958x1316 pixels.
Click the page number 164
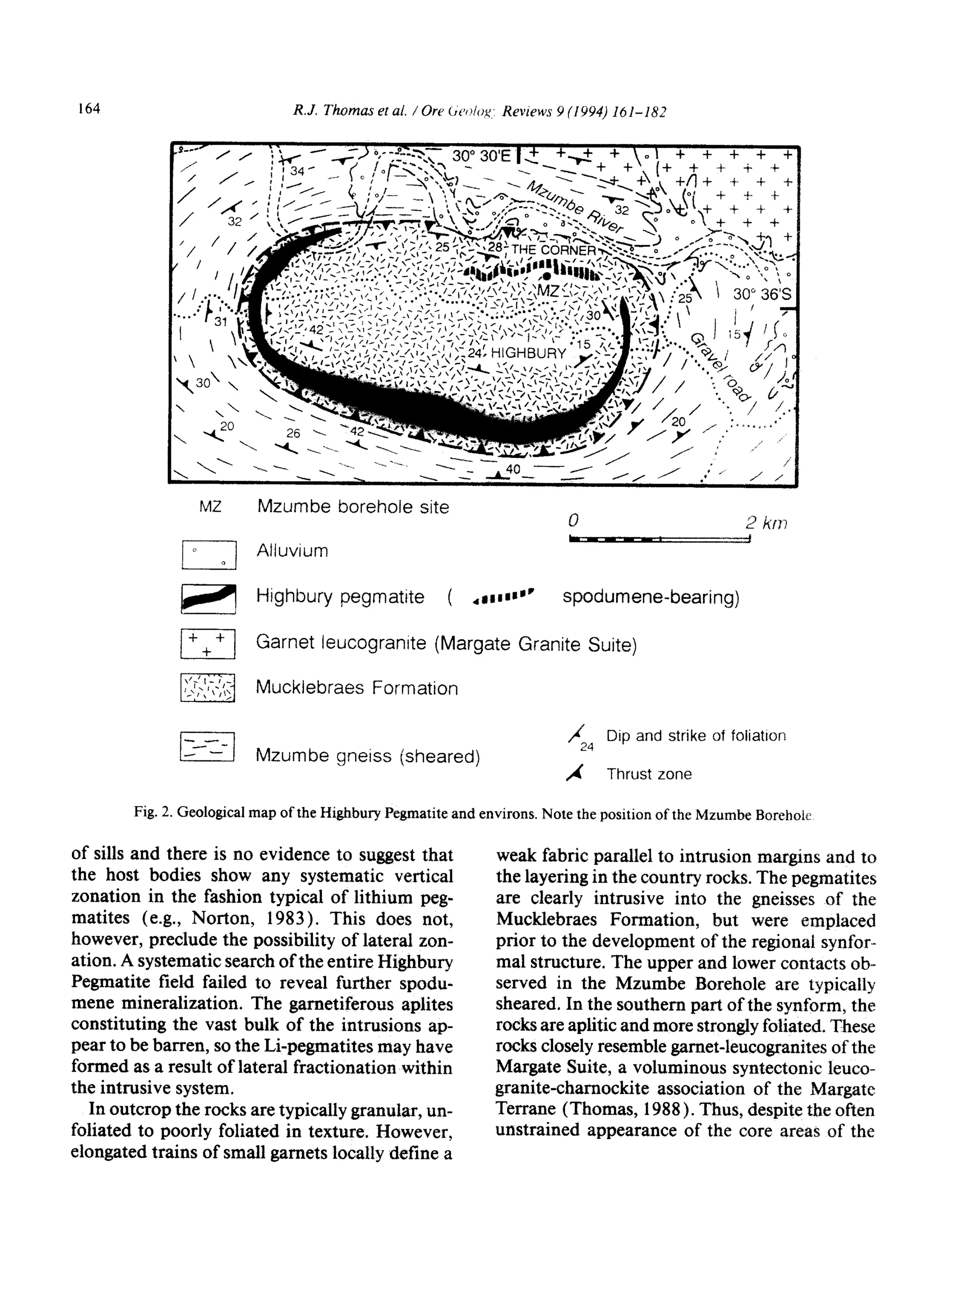89,108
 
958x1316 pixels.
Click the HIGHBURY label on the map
528,354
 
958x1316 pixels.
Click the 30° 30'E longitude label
482,156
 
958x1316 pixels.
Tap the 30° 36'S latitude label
761,294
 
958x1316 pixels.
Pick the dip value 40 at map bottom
513,468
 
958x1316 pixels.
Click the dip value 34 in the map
297,171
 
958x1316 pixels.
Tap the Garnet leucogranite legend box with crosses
208,644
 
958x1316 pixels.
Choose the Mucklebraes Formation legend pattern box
208,687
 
